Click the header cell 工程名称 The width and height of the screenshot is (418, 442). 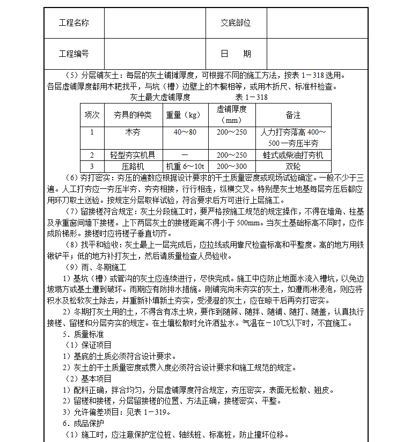pos(74,23)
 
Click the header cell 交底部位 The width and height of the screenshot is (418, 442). pos(236,23)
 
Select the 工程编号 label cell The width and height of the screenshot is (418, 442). pos(74,54)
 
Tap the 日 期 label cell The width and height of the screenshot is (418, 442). pos(236,54)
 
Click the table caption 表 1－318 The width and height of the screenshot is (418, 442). pos(251,97)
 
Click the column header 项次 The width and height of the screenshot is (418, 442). pos(92,115)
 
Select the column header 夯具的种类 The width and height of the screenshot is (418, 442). pos(132,115)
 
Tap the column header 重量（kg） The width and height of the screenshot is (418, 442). pos(183,115)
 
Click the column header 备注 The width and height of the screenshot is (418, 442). pos(293,115)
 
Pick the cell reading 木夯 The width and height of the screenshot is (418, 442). pos(132,132)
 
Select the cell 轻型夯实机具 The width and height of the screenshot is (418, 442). pos(133,155)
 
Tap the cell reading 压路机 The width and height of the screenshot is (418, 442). pos(133,166)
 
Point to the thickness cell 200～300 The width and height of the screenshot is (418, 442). pos(231,166)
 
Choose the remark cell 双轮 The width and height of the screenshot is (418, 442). pos(293,166)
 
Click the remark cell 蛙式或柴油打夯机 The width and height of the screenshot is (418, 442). pos(293,155)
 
